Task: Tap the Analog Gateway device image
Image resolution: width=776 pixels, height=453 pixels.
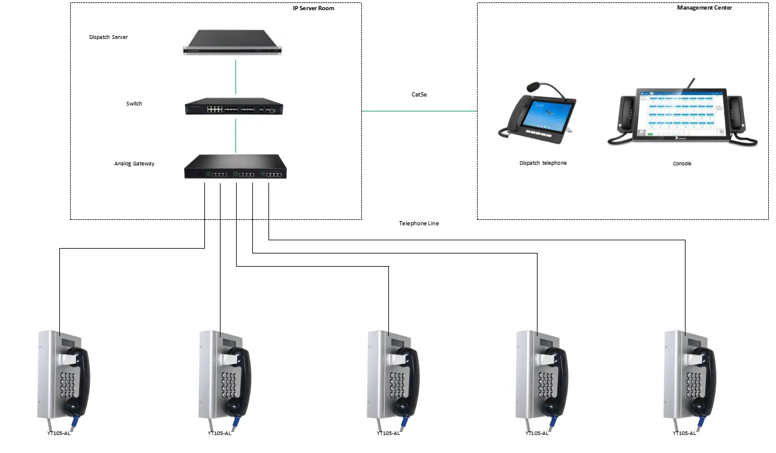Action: (235, 167)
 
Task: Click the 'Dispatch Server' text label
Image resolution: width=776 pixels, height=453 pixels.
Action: (108, 37)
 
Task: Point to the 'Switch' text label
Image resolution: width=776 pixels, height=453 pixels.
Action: (134, 104)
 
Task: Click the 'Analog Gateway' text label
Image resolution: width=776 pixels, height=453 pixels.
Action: (134, 164)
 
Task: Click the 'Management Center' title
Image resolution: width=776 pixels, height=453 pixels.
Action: (704, 8)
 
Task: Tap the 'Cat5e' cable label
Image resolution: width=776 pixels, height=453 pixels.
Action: (419, 95)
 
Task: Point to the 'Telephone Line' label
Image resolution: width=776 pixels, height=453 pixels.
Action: (419, 224)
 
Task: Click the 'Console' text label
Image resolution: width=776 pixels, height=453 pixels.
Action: (682, 164)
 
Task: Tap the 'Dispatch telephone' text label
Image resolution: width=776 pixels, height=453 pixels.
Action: (543, 163)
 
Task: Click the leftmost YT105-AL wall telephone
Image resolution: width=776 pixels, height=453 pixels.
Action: (64, 376)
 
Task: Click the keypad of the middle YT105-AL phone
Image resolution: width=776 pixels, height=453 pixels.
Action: (397, 383)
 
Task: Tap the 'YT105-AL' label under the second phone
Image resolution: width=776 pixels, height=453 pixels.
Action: (219, 433)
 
